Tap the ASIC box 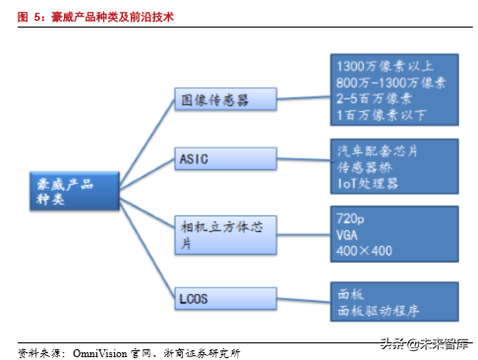click(224, 157)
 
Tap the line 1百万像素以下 click(378, 114)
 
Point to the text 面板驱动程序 click(377, 309)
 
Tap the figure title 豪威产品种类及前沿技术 click(117, 17)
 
